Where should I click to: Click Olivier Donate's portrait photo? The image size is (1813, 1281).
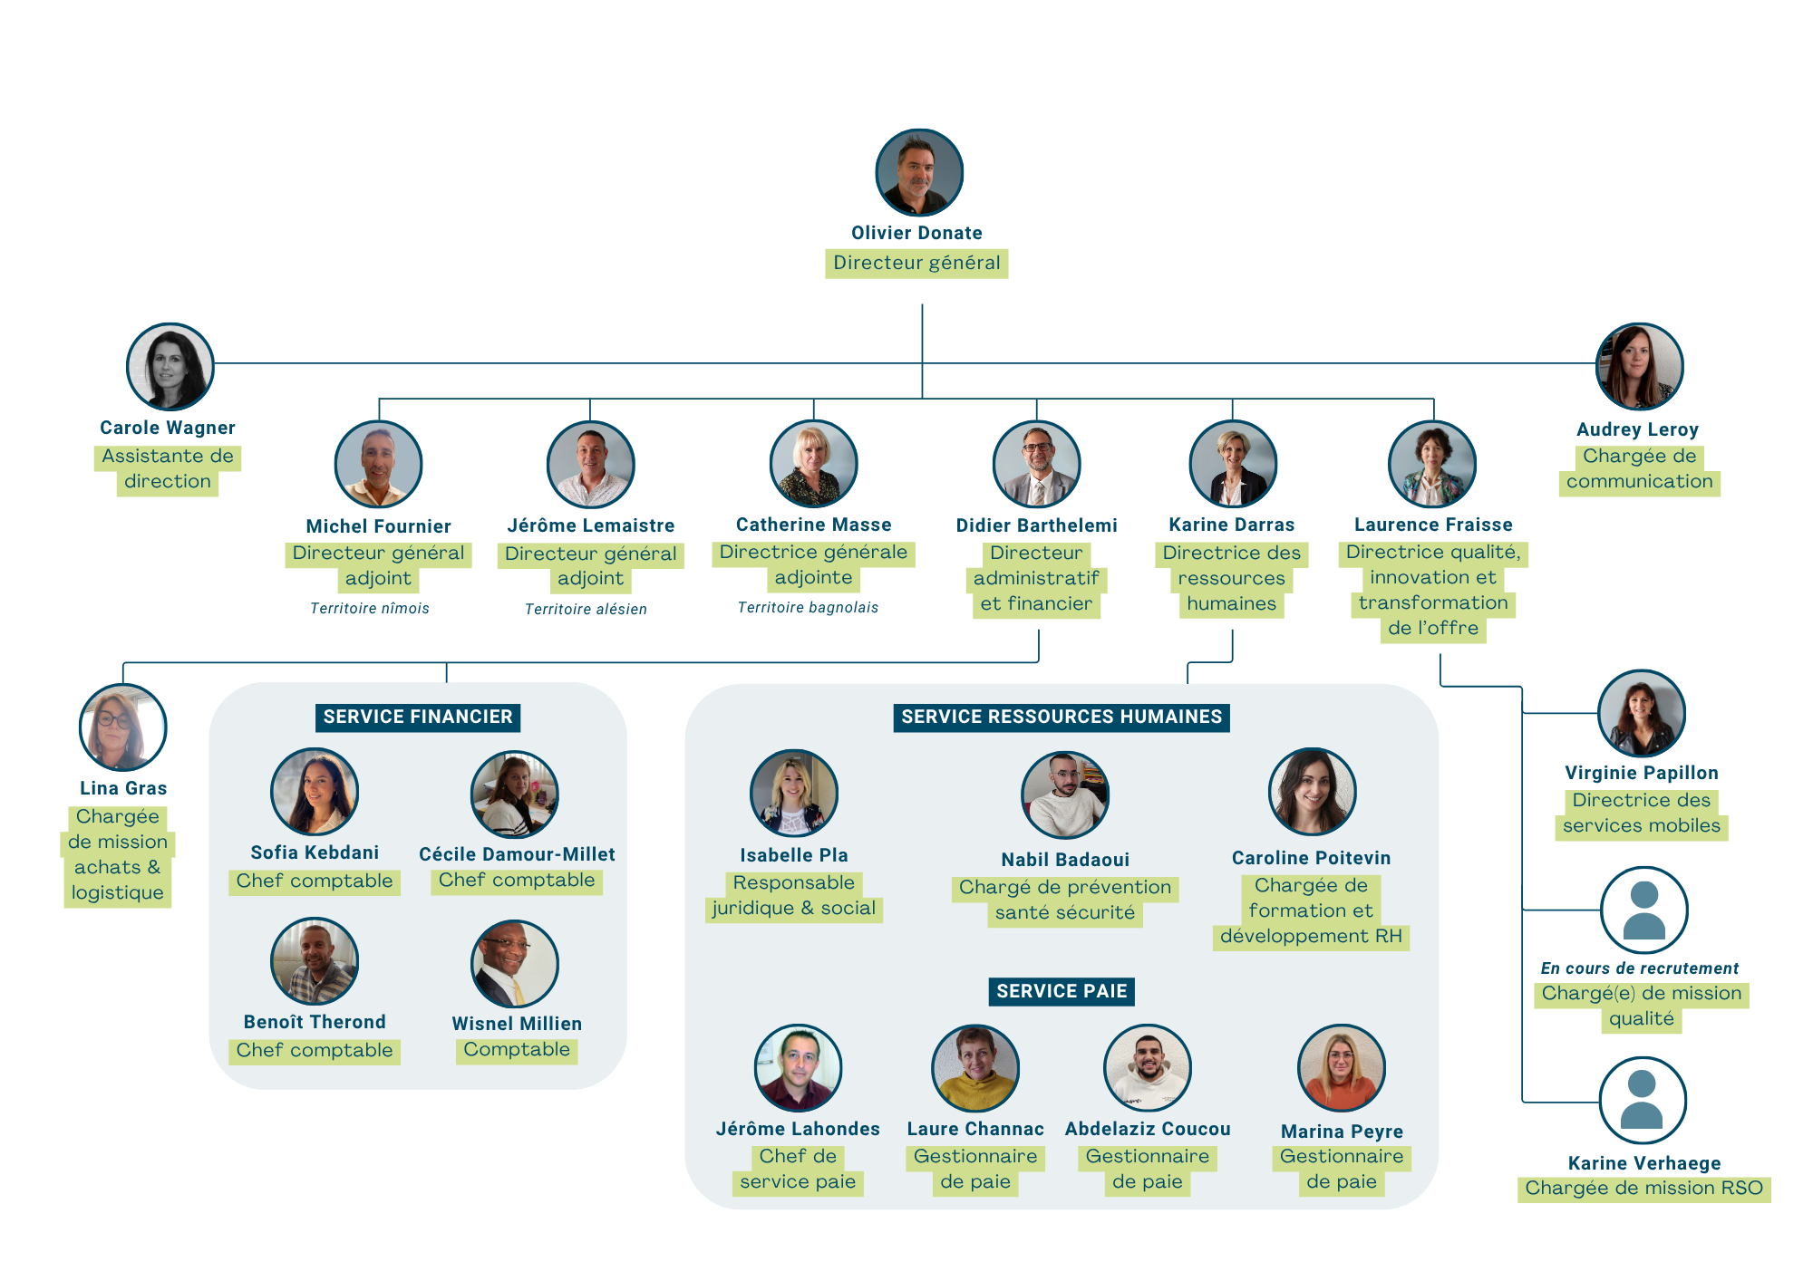[x=918, y=173]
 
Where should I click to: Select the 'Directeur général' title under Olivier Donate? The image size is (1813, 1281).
[x=916, y=263]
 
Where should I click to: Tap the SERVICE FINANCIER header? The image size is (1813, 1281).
[x=418, y=717]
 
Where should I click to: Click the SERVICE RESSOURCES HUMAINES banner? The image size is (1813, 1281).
[x=1062, y=717]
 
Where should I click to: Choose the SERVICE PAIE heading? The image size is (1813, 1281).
[x=1062, y=991]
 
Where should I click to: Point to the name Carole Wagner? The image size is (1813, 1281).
[x=168, y=428]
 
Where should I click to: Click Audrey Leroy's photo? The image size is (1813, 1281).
[x=1639, y=367]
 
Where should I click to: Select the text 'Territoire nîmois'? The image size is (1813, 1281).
[x=370, y=608]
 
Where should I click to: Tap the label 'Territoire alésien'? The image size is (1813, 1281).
[x=586, y=609]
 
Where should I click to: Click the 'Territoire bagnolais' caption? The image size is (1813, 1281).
[x=808, y=607]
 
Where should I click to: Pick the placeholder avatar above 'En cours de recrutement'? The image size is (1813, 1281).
[x=1643, y=910]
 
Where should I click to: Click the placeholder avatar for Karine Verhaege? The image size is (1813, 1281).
[x=1643, y=1101]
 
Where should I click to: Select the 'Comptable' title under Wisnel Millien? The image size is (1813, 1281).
[x=517, y=1049]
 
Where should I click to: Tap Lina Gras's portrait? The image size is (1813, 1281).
[x=123, y=727]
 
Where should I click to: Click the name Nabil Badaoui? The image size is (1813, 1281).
[x=1065, y=859]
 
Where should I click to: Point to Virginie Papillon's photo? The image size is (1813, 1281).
[x=1641, y=713]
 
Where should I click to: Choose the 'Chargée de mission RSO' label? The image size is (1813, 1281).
[x=1643, y=1188]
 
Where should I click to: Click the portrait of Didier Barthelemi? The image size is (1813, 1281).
[x=1036, y=464]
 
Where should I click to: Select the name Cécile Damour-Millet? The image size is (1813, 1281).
[x=517, y=853]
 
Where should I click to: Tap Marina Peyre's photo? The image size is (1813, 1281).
[x=1341, y=1068]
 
